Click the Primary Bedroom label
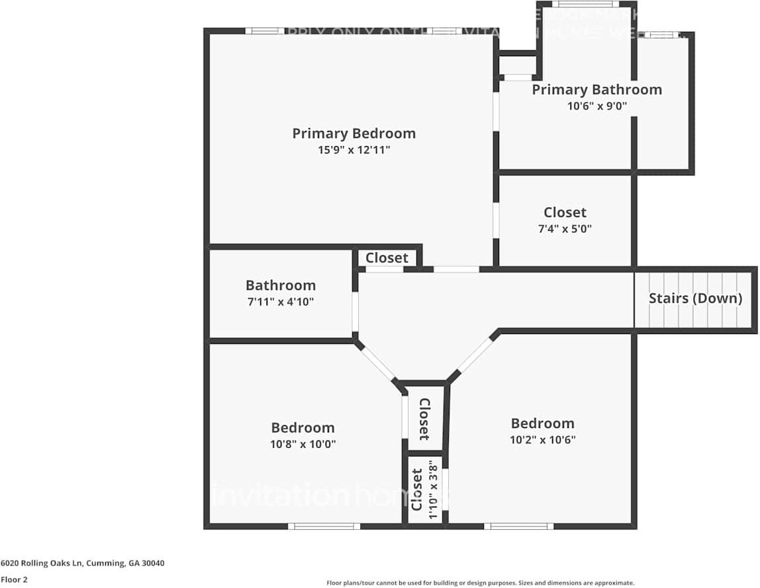tap(354, 133)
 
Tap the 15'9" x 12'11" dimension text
tap(354, 150)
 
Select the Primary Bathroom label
tap(596, 89)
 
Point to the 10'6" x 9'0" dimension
tap(596, 106)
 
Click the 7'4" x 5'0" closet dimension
tap(565, 229)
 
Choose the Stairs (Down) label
tap(695, 298)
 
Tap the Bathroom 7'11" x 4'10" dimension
tap(280, 302)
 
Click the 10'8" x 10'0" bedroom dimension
tap(303, 444)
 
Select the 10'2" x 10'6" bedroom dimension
tap(542, 440)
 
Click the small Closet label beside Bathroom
tap(387, 257)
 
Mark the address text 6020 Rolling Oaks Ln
tap(82, 564)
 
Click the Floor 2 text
tap(14, 579)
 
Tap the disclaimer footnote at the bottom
tap(480, 583)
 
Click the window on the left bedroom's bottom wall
tap(324, 526)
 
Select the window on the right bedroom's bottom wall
tap(518, 526)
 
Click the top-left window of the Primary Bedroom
tap(265, 30)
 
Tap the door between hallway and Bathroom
tap(355, 312)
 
